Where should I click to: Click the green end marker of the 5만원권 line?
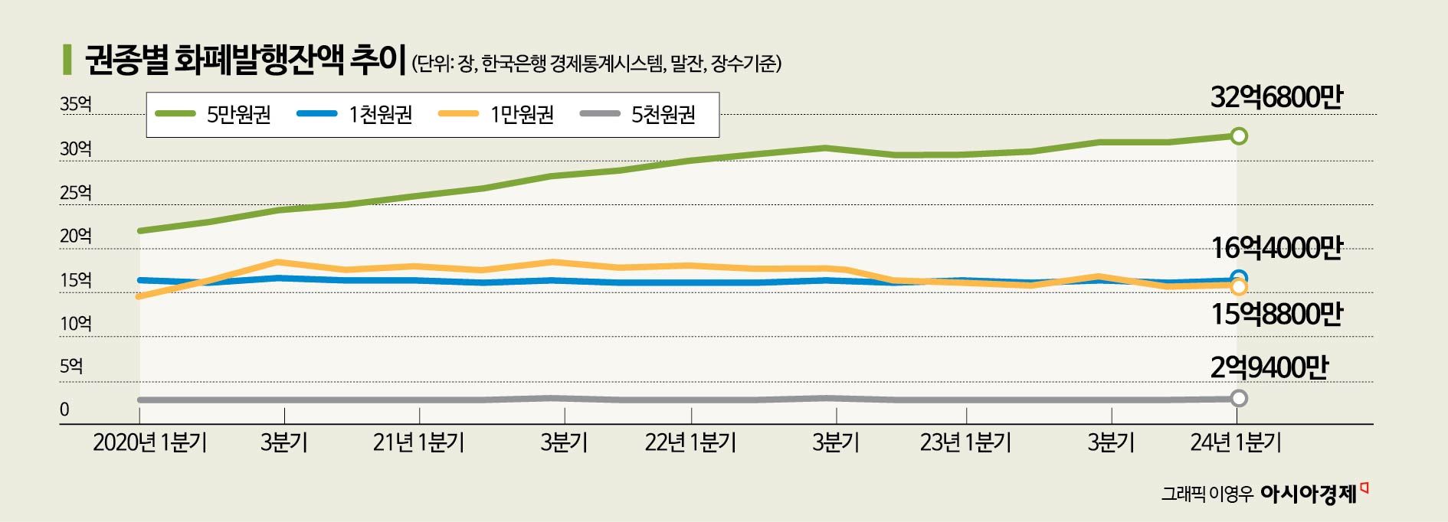click(x=1239, y=136)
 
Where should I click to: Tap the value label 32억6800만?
click(x=1276, y=98)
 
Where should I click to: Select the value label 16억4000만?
click(x=1276, y=249)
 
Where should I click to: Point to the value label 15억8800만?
click(x=1276, y=314)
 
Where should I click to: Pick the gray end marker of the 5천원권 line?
click(x=1239, y=398)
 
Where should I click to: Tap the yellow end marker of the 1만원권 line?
click(x=1239, y=287)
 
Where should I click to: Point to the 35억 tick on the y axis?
click(x=75, y=104)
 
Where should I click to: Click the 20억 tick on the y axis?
click(x=75, y=237)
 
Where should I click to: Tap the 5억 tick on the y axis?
click(x=71, y=367)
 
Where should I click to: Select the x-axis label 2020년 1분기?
click(x=149, y=443)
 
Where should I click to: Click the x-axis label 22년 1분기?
click(x=690, y=443)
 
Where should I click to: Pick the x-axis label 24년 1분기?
click(x=1236, y=443)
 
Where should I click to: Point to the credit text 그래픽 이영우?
click(x=1206, y=495)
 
